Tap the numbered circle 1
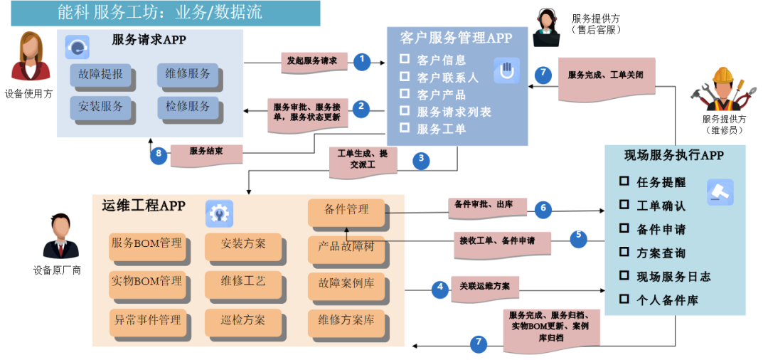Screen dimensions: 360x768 pyautogui.click(x=363, y=61)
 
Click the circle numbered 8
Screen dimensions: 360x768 pyautogui.click(x=159, y=155)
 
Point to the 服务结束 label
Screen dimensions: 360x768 pyautogui.click(x=207, y=152)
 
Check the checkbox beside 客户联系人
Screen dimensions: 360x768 pyautogui.click(x=405, y=76)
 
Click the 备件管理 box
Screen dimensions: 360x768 pyautogui.click(x=346, y=210)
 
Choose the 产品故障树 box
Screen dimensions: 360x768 pyautogui.click(x=346, y=247)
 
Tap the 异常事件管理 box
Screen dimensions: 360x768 pyautogui.click(x=146, y=321)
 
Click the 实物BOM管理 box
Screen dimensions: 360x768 pyautogui.click(x=146, y=282)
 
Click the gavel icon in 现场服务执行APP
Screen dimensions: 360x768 pyautogui.click(x=720, y=192)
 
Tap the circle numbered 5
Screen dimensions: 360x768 pyautogui.click(x=578, y=238)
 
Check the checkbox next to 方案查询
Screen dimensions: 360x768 pyautogui.click(x=624, y=252)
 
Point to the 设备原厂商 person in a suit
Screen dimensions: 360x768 pyautogui.click(x=56, y=238)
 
